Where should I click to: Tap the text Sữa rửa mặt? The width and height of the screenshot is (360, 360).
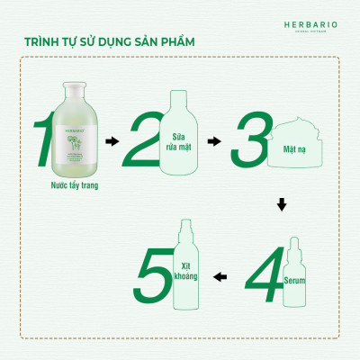click(x=186, y=136)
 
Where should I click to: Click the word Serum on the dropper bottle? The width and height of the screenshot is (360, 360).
click(x=295, y=282)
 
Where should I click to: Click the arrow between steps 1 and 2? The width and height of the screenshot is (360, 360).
click(x=112, y=141)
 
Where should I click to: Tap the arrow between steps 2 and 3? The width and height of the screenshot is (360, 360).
click(x=213, y=141)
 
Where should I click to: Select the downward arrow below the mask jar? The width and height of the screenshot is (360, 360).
click(x=281, y=205)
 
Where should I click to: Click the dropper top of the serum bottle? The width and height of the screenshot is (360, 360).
click(x=295, y=246)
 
